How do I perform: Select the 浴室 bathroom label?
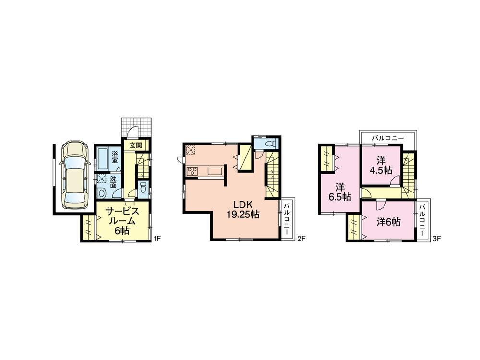pos(115,157)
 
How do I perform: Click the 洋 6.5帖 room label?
pos(339,192)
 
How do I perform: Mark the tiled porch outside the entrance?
pos(137,127)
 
